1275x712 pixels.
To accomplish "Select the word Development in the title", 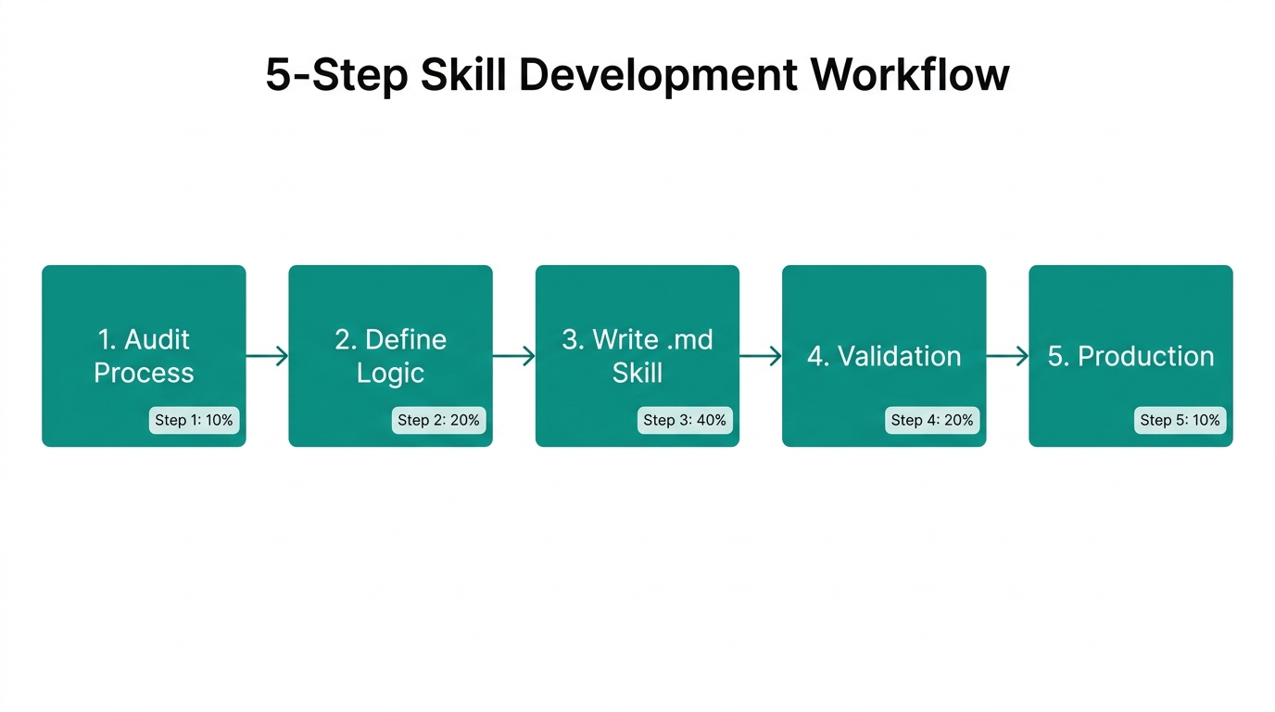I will (x=657, y=74).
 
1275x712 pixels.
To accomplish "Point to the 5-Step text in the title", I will (x=336, y=74).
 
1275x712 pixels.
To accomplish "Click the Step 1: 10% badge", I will (x=194, y=420).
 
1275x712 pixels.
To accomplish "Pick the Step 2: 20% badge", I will (x=438, y=420).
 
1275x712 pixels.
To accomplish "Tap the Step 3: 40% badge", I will (x=686, y=420).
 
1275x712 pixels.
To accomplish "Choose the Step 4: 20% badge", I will (x=932, y=420).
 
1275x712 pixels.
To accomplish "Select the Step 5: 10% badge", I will (x=1180, y=420).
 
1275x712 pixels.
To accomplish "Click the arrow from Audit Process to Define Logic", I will (x=267, y=356).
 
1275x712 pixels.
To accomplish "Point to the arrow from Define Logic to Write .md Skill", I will (x=514, y=356).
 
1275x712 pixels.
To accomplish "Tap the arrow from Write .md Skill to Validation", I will (x=761, y=356).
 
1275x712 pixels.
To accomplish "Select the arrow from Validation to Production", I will (x=1007, y=356).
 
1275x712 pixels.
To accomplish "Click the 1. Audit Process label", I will (x=144, y=356).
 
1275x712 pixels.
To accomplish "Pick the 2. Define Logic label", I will (x=390, y=356).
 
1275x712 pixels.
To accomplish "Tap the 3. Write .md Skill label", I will (x=637, y=356).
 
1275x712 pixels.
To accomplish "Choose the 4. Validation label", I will (x=884, y=356).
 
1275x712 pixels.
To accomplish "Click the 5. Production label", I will (x=1130, y=356).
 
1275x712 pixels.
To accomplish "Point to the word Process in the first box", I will (x=144, y=373).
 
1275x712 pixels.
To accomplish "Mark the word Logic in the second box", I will (x=390, y=373).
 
